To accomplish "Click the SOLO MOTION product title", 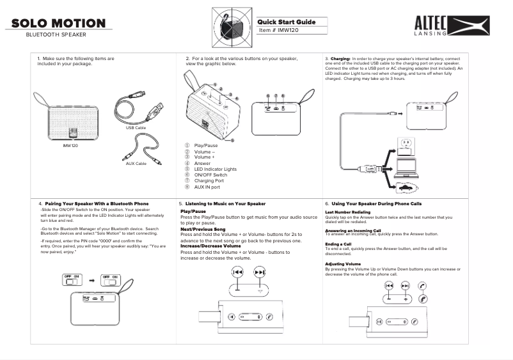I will click(x=58, y=24).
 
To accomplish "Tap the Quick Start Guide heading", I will click(x=286, y=22).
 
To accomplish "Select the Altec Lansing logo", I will click(x=451, y=26).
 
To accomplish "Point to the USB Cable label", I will click(x=136, y=128).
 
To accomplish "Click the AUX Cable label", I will click(x=136, y=164).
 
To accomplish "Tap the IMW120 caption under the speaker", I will click(x=70, y=146).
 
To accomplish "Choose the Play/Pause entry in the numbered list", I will click(x=206, y=146).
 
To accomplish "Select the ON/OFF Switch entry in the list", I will click(x=210, y=175).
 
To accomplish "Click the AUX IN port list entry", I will click(x=207, y=187).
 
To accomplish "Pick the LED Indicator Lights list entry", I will click(x=216, y=169).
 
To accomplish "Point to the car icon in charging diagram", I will click(x=406, y=187).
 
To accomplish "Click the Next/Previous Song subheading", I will click(x=203, y=229).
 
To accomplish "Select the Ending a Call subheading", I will click(x=338, y=244).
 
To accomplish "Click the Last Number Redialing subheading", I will click(x=348, y=212).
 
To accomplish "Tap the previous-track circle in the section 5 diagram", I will click(x=237, y=272).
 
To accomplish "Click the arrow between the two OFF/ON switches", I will click(x=93, y=280).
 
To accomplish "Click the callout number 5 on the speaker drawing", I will click(x=232, y=139).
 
